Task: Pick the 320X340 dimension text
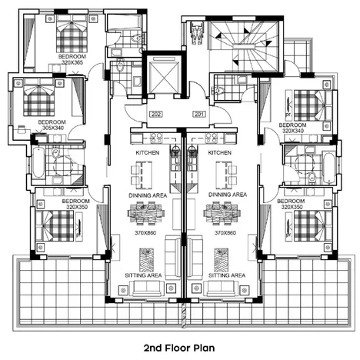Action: click(x=293, y=132)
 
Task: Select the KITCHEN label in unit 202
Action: click(x=148, y=154)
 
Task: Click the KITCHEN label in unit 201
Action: click(x=219, y=154)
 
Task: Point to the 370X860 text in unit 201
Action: click(x=225, y=232)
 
